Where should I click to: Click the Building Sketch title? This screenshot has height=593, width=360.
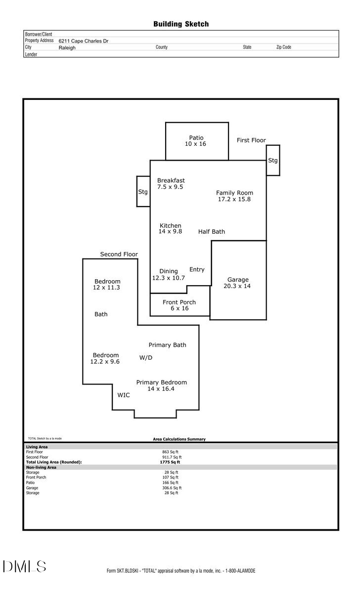coord(181,24)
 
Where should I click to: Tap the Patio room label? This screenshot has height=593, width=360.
coord(196,138)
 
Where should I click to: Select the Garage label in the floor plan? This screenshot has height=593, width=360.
coord(238,280)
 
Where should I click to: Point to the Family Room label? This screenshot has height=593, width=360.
coord(234,193)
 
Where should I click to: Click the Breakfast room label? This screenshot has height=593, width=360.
coord(171,181)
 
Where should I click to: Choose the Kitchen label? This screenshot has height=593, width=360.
coord(170,226)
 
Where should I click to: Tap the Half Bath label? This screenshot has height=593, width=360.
coord(212,231)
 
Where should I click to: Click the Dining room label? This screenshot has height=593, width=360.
coord(169,271)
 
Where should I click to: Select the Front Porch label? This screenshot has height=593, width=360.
coord(179,302)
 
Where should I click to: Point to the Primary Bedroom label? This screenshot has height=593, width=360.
coord(162,382)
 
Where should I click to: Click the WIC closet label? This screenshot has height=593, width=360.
coord(124,395)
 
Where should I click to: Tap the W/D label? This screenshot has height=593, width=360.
coord(146,357)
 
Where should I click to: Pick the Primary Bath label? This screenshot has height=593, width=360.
coord(168,345)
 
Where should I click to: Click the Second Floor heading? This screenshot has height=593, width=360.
coord(119,254)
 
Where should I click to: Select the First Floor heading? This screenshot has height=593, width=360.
coord(251,140)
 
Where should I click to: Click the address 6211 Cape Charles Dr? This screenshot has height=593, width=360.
coord(84,42)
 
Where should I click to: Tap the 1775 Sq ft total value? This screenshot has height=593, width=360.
coord(170,462)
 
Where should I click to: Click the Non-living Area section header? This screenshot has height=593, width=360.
coord(41,467)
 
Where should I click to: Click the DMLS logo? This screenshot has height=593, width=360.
coord(24,566)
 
